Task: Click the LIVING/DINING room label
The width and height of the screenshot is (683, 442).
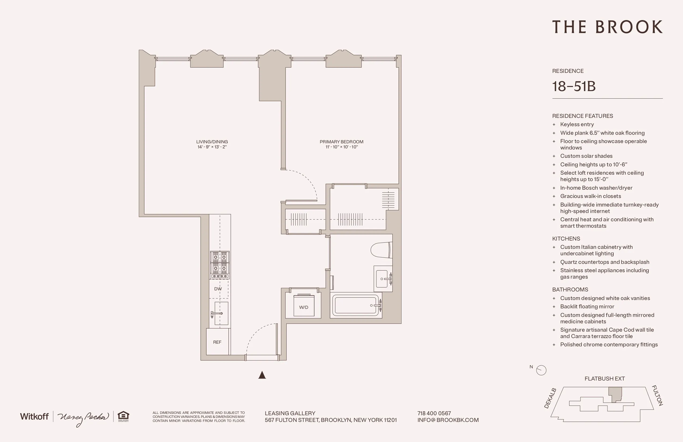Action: pyautogui.click(x=212, y=142)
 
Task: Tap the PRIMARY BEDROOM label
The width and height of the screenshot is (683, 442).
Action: pyautogui.click(x=341, y=142)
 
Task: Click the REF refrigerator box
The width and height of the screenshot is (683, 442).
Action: pyautogui.click(x=217, y=342)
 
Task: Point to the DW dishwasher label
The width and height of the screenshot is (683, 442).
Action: pyautogui.click(x=218, y=289)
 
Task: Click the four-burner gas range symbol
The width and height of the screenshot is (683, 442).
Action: pyautogui.click(x=220, y=265)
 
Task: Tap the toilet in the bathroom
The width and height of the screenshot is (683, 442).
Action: pyautogui.click(x=381, y=250)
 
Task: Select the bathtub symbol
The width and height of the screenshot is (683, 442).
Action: pyautogui.click(x=356, y=305)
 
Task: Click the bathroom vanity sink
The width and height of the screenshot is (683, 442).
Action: pyautogui.click(x=383, y=279)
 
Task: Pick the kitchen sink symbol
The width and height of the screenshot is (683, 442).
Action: pyautogui.click(x=220, y=313)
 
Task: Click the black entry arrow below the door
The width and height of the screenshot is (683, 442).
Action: pyautogui.click(x=262, y=375)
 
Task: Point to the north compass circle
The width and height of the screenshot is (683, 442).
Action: pyautogui.click(x=541, y=370)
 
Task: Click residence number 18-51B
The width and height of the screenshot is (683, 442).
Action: pyautogui.click(x=574, y=86)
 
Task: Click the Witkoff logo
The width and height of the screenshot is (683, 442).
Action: pyautogui.click(x=34, y=417)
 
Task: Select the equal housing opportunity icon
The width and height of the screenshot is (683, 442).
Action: pyautogui.click(x=123, y=416)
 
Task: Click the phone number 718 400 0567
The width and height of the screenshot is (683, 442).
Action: pyautogui.click(x=434, y=413)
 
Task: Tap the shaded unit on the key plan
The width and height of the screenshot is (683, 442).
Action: pyautogui.click(x=615, y=394)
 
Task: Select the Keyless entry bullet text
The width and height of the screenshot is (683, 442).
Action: pyautogui.click(x=577, y=124)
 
